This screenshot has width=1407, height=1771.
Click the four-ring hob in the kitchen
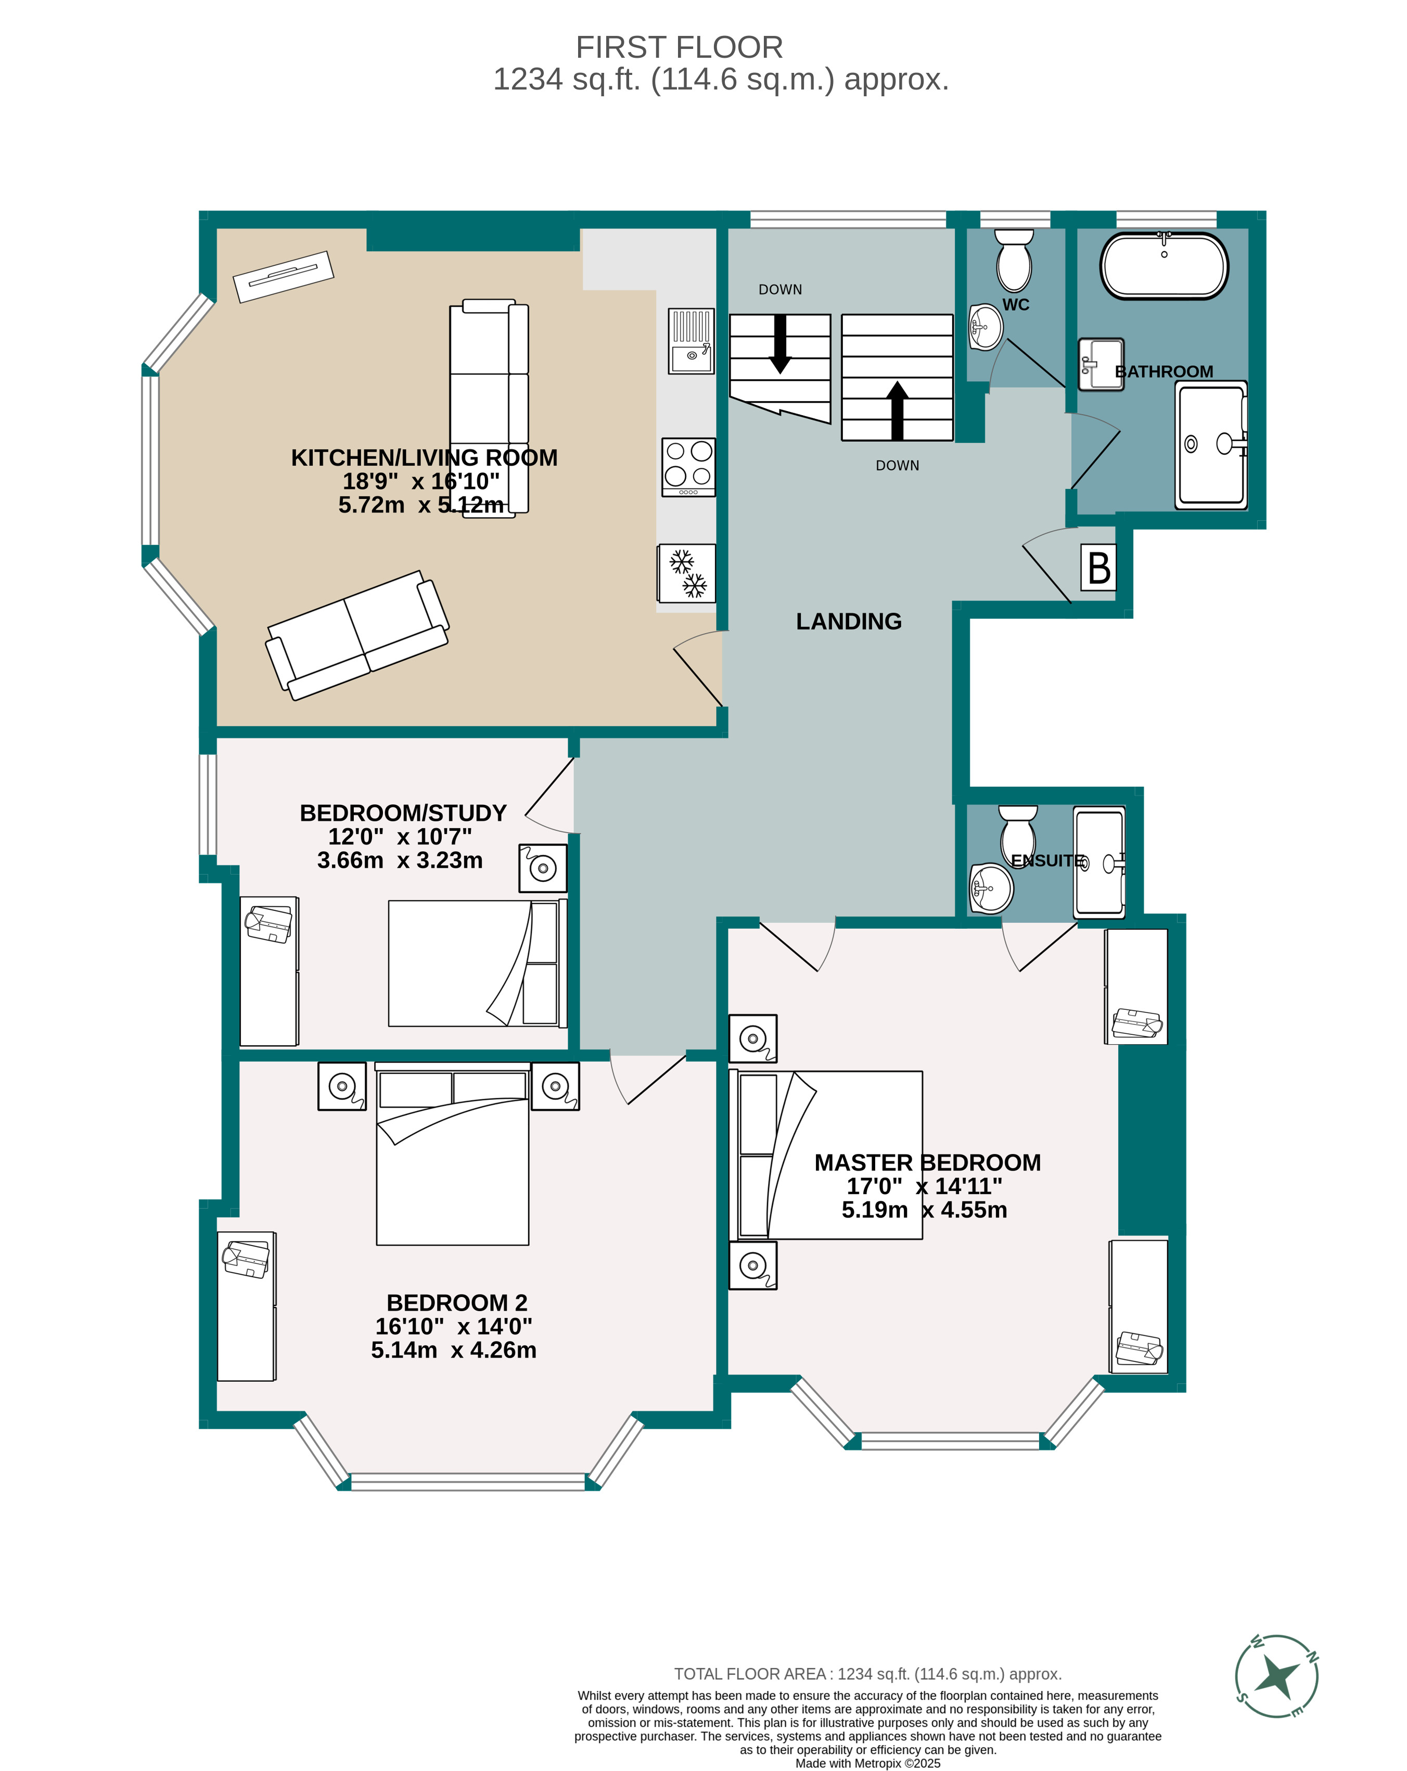[x=688, y=467]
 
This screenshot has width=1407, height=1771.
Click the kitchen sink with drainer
[x=691, y=341]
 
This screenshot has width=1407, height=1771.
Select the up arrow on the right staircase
[x=898, y=410]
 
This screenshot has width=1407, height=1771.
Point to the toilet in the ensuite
[x=1018, y=831]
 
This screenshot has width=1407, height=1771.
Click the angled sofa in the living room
[x=357, y=635]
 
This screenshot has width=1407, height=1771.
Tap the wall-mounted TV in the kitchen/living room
[x=284, y=276]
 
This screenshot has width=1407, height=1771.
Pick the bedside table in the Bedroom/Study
[x=542, y=867]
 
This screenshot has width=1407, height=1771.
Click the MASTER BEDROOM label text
[x=927, y=1162]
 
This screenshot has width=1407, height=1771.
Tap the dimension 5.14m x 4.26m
[x=453, y=1350]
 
